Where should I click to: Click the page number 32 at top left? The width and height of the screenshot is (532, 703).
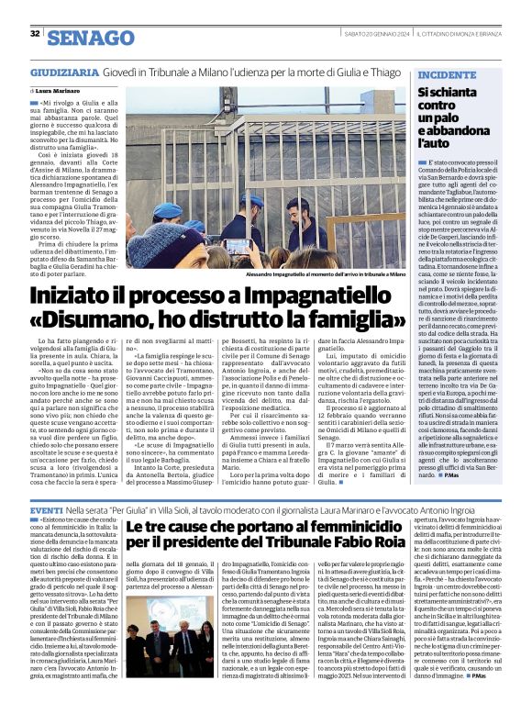(x=35, y=34)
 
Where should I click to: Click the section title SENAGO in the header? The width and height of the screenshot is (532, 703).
(x=89, y=37)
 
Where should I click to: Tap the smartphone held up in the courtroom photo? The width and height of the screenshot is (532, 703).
(x=242, y=245)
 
